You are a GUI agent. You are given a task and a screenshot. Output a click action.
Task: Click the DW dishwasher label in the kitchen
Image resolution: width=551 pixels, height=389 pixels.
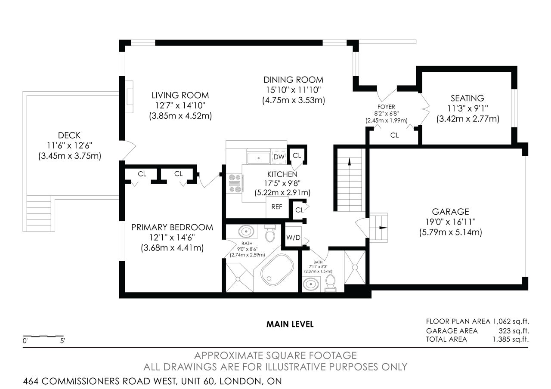[279, 157]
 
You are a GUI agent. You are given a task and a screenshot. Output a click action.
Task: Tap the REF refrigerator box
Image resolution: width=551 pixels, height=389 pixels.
[277, 207]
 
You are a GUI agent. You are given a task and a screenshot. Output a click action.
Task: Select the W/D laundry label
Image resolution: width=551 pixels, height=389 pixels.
[293, 237]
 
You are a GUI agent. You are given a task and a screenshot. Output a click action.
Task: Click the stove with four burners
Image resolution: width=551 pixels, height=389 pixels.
[235, 183]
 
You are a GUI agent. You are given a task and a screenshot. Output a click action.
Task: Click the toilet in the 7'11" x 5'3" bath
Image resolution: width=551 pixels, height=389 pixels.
[330, 283]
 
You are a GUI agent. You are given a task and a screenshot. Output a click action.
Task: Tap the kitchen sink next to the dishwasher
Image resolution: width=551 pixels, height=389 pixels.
[259, 158]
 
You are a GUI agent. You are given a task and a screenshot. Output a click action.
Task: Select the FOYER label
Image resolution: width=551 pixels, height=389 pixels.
[386, 107]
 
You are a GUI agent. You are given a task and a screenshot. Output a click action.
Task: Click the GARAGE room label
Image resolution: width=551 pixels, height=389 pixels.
[450, 212]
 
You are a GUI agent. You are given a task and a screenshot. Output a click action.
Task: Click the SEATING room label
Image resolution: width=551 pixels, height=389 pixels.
[467, 99]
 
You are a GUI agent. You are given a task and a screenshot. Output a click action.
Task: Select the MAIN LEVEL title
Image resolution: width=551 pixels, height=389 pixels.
[290, 324]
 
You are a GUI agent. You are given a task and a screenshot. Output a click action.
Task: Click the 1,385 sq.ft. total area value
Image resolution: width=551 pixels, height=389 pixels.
[511, 340]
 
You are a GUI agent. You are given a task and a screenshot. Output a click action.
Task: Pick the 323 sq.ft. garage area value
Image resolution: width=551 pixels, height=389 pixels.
[514, 331]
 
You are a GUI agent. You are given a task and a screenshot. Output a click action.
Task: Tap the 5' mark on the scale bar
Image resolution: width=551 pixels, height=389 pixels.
[62, 341]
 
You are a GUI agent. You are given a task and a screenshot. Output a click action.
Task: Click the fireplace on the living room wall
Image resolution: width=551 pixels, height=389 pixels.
[129, 97]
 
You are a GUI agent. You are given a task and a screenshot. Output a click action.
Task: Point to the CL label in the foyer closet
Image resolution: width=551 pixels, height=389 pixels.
[394, 135]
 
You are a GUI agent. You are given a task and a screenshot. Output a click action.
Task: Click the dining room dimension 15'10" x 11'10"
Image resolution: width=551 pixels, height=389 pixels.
[294, 90]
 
